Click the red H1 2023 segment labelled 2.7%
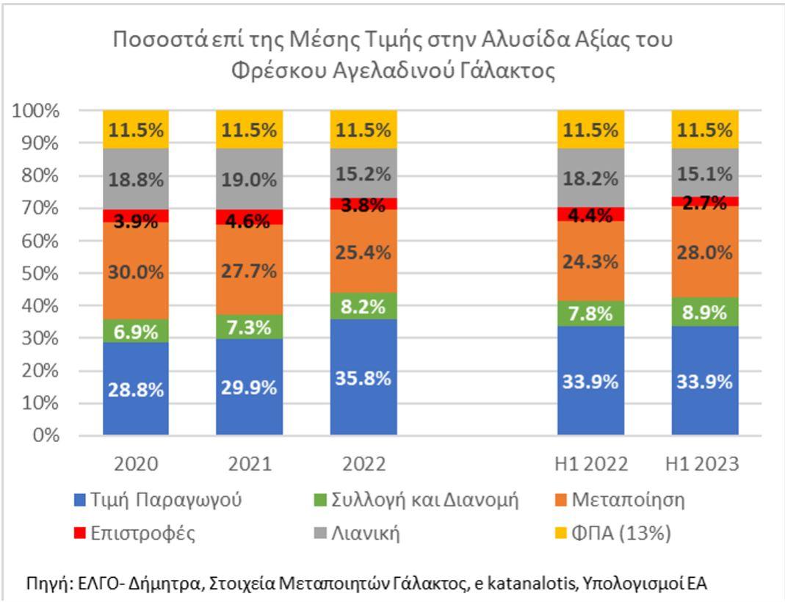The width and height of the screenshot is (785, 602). (x=704, y=201)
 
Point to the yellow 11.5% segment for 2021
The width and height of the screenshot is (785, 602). (x=249, y=131)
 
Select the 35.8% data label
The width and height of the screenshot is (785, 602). (x=363, y=380)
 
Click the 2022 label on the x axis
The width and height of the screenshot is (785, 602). (x=363, y=465)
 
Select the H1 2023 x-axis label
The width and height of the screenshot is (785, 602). (x=704, y=465)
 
